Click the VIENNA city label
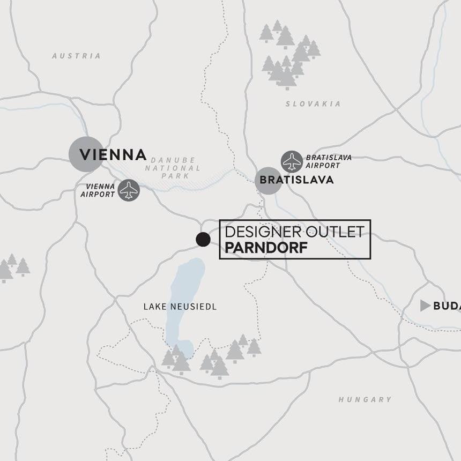pos(113,154)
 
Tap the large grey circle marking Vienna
pos(86,154)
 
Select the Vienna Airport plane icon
pos(129,190)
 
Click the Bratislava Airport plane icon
pos(292,161)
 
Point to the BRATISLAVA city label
pos(296,180)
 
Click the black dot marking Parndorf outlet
pos(203,240)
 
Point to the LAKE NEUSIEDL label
pos(180,307)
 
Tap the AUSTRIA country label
pos(76,56)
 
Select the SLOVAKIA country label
pos(313,104)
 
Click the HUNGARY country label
pos(365,399)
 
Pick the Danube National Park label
pos(176,168)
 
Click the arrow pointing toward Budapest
pos(425,306)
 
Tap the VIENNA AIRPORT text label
pos(98,190)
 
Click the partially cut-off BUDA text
pos(447,306)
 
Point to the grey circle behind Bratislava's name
pos(267,180)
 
